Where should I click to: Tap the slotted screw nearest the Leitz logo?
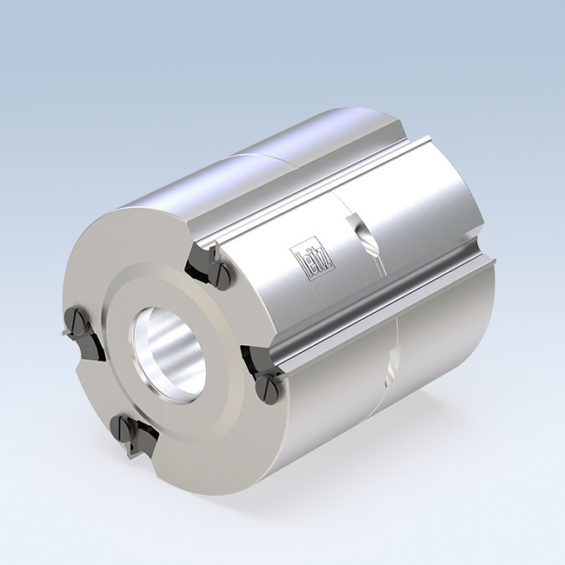pyautogui.click(x=221, y=276)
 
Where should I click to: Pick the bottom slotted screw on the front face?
pyautogui.click(x=127, y=429)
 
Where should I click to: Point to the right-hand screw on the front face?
pyautogui.click(x=267, y=383)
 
